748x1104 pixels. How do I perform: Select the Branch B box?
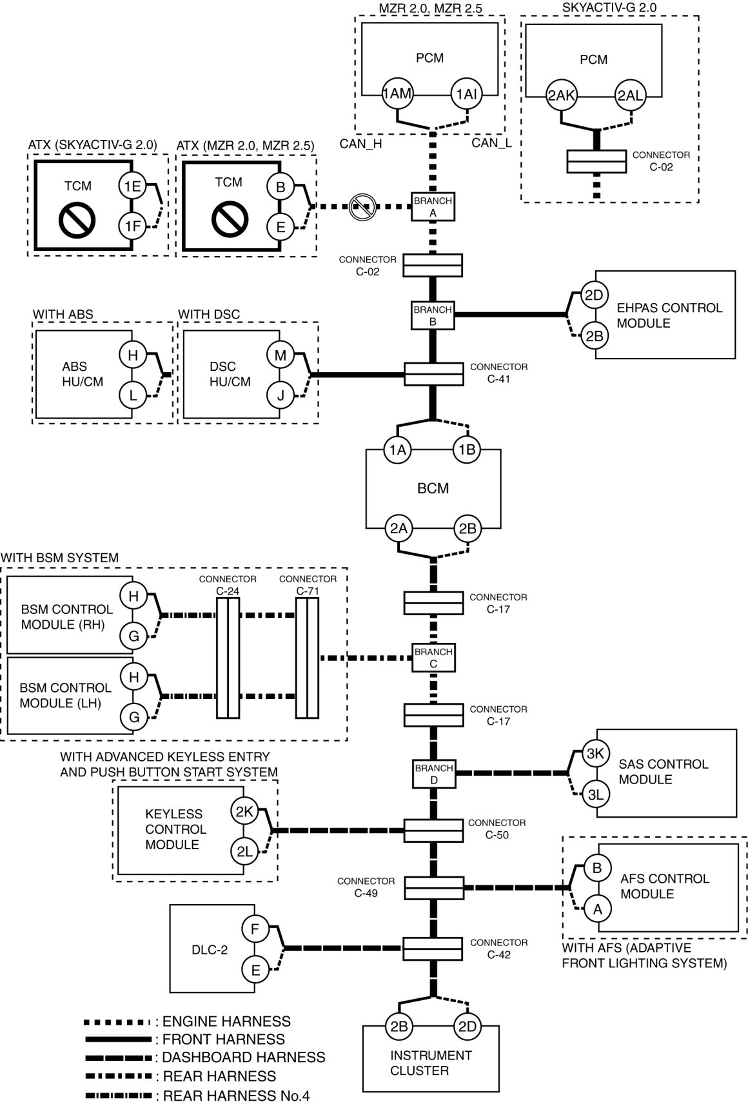point(433,315)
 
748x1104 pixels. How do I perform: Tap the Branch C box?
point(433,658)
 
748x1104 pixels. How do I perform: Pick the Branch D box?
point(433,774)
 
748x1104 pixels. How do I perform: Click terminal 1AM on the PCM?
point(397,94)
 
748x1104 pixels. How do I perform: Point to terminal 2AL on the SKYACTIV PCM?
point(630,95)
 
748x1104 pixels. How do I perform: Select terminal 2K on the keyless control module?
point(244,811)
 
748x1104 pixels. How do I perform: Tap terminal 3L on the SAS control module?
point(596,794)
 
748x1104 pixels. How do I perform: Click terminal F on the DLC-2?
point(255,929)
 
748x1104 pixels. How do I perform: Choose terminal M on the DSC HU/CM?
point(280,355)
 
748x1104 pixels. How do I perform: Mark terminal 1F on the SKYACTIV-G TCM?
point(133,226)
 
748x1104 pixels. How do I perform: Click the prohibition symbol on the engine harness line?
point(362,207)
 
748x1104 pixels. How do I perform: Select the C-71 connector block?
point(308,658)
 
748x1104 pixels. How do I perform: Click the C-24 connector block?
point(228,658)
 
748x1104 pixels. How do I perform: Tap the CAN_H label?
point(360,144)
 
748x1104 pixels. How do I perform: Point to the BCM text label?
point(433,488)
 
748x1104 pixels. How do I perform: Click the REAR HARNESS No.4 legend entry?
point(198,1095)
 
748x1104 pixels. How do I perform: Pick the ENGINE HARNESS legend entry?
point(188,1021)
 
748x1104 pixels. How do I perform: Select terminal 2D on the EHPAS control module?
point(595,295)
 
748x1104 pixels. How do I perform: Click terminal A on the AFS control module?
point(598,909)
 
